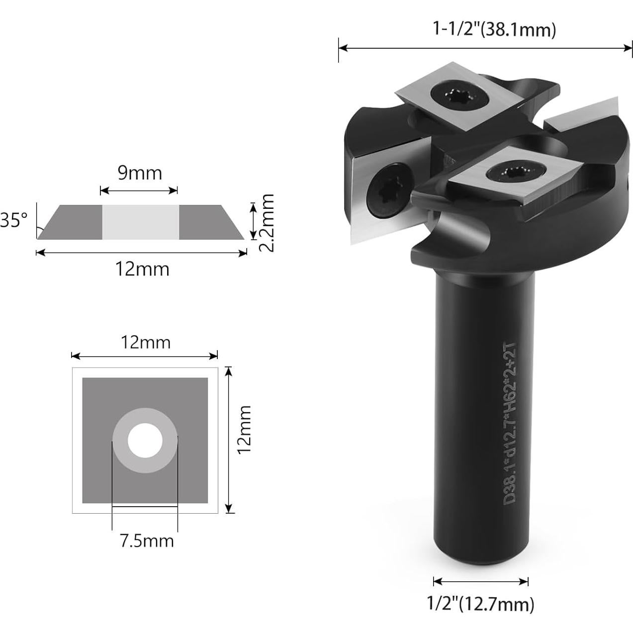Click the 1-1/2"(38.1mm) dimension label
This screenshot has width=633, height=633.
tap(494, 30)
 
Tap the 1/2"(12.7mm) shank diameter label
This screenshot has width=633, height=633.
tap(480, 604)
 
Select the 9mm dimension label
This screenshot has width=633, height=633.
tap(140, 173)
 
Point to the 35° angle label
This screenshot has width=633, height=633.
tap(13, 220)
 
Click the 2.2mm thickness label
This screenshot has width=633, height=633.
tap(267, 223)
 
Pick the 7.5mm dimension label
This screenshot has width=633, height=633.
tap(147, 540)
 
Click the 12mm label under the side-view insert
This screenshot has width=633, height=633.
tap(142, 269)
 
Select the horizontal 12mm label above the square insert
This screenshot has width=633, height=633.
tap(145, 343)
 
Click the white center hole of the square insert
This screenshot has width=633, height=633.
tap(145, 441)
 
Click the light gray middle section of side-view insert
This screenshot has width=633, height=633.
tap(140, 222)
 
